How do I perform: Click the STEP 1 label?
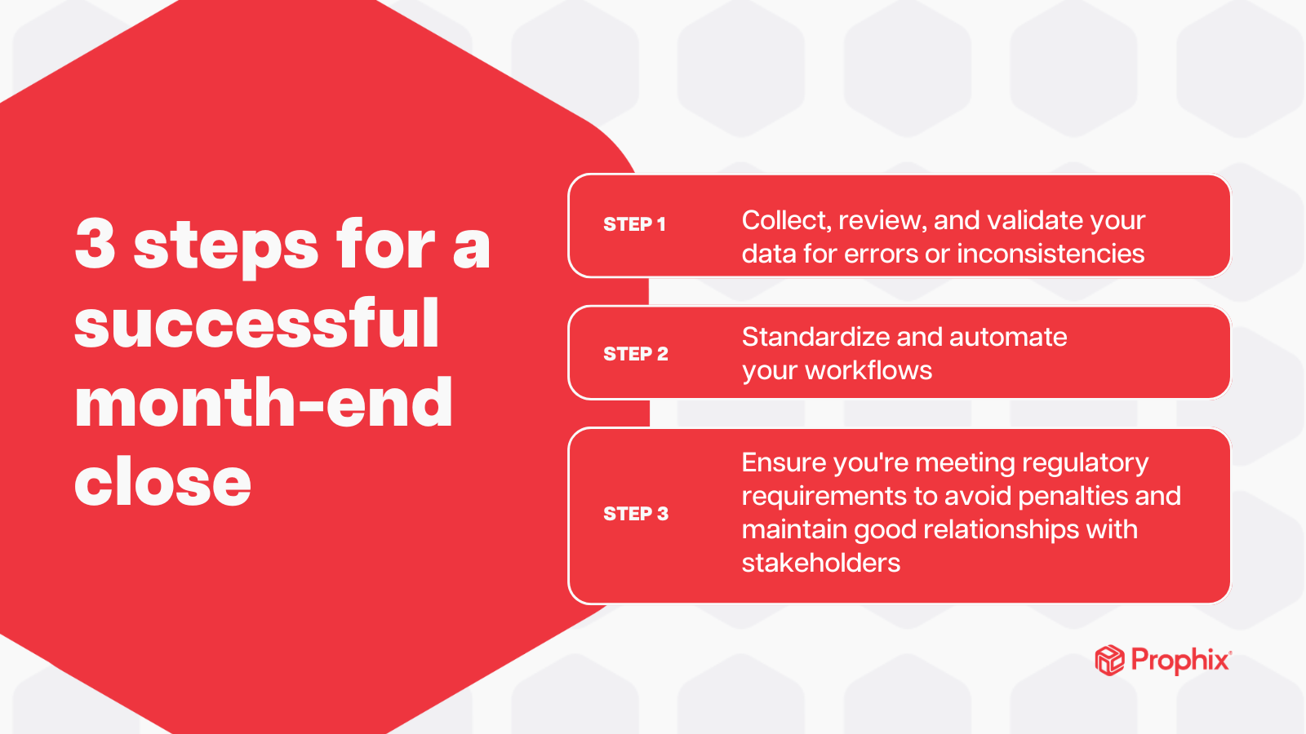(x=634, y=224)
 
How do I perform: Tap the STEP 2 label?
(x=635, y=354)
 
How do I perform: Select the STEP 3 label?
(x=635, y=514)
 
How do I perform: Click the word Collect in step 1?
(x=785, y=220)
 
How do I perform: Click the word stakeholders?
(x=820, y=563)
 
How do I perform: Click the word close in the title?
(x=162, y=481)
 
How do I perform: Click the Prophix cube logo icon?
(x=1109, y=660)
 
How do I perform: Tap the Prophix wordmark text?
(x=1180, y=660)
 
